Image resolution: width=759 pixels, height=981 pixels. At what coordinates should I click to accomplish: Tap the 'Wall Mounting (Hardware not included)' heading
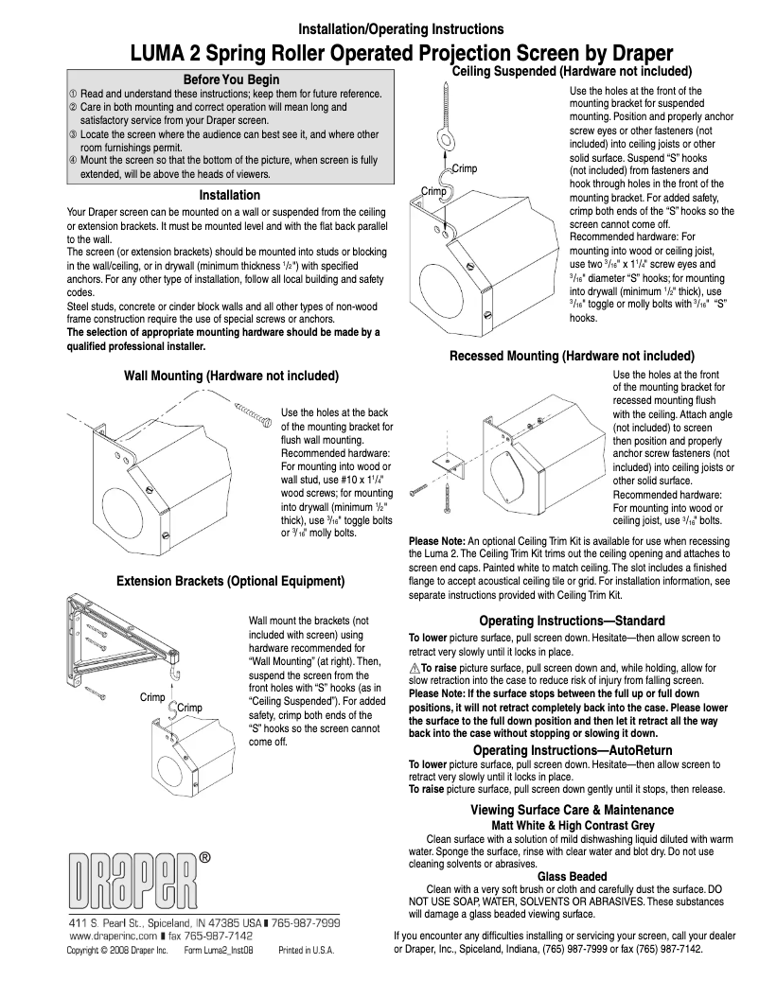tap(232, 376)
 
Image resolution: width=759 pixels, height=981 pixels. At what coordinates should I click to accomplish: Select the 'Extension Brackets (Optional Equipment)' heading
tap(230, 580)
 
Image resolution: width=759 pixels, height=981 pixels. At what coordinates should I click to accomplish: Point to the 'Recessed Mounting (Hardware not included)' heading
tap(572, 356)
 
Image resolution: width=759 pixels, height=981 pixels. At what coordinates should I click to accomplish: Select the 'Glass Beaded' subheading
tap(572, 877)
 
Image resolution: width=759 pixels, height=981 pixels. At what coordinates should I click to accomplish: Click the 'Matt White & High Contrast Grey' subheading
tap(572, 825)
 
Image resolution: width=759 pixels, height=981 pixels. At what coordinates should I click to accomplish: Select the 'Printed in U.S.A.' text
tap(306, 949)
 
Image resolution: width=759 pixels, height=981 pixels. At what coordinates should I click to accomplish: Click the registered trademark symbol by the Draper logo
tap(204, 858)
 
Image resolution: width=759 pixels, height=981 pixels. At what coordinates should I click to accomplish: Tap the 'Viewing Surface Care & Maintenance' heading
tap(572, 810)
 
